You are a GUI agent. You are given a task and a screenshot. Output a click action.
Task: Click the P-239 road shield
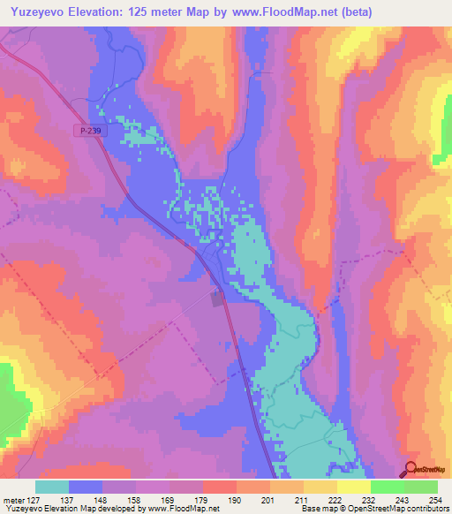click(x=86, y=131)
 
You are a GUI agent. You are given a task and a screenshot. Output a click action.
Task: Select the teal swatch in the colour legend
click(x=52, y=487)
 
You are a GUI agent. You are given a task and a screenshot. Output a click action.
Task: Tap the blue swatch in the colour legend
click(x=86, y=487)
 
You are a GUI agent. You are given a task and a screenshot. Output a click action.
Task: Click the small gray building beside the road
click(x=218, y=299)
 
